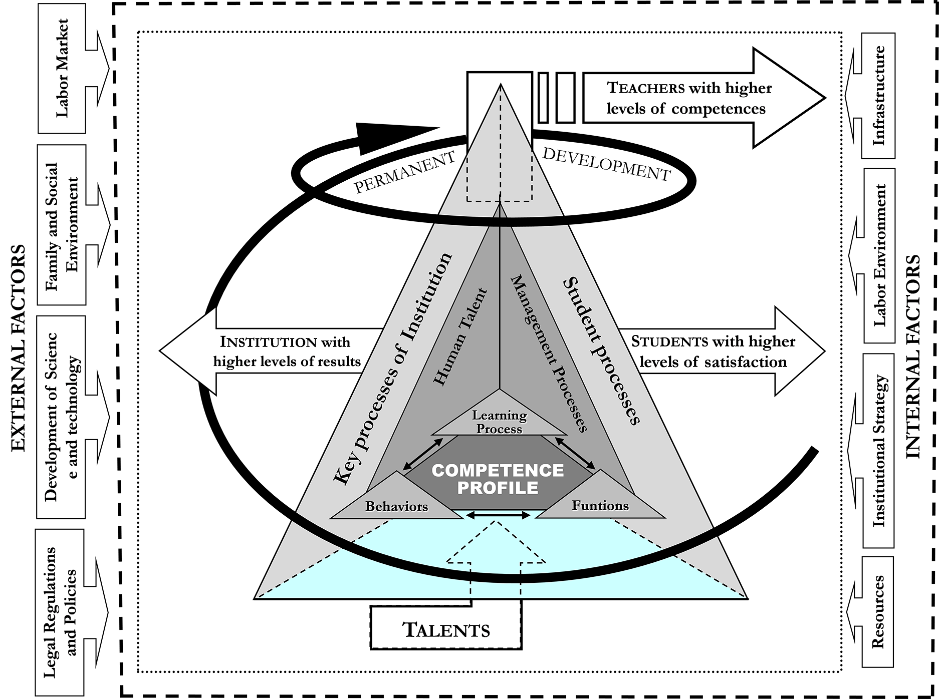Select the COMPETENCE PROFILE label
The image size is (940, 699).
[498, 479]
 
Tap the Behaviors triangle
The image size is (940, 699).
[396, 495]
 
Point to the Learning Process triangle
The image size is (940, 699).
[499, 416]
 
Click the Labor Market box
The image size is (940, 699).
[62, 68]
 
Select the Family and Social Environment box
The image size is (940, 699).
[62, 225]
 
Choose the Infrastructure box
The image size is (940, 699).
[878, 96]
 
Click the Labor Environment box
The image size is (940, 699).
[879, 255]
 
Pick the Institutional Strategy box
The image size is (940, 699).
[878, 451]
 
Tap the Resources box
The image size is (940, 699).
[878, 612]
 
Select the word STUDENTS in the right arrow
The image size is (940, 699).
[670, 341]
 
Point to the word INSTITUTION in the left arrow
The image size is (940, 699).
[268, 342]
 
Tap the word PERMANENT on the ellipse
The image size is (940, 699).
[405, 172]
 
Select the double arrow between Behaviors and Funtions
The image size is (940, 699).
[498, 515]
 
